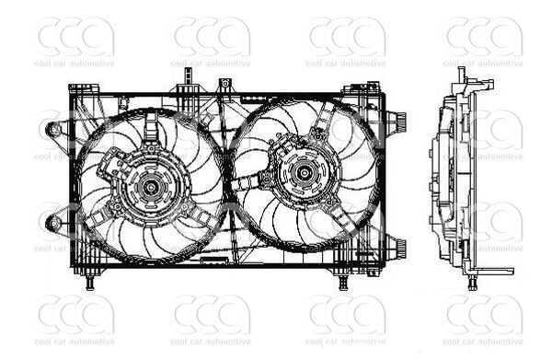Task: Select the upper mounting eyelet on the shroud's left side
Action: [x=55, y=129]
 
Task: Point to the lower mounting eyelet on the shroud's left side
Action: [x=54, y=221]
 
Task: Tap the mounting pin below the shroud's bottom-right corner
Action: [x=343, y=283]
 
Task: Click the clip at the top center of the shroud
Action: [x=224, y=87]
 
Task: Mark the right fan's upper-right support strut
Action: [x=329, y=123]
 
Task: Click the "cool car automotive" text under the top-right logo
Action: [x=484, y=64]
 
